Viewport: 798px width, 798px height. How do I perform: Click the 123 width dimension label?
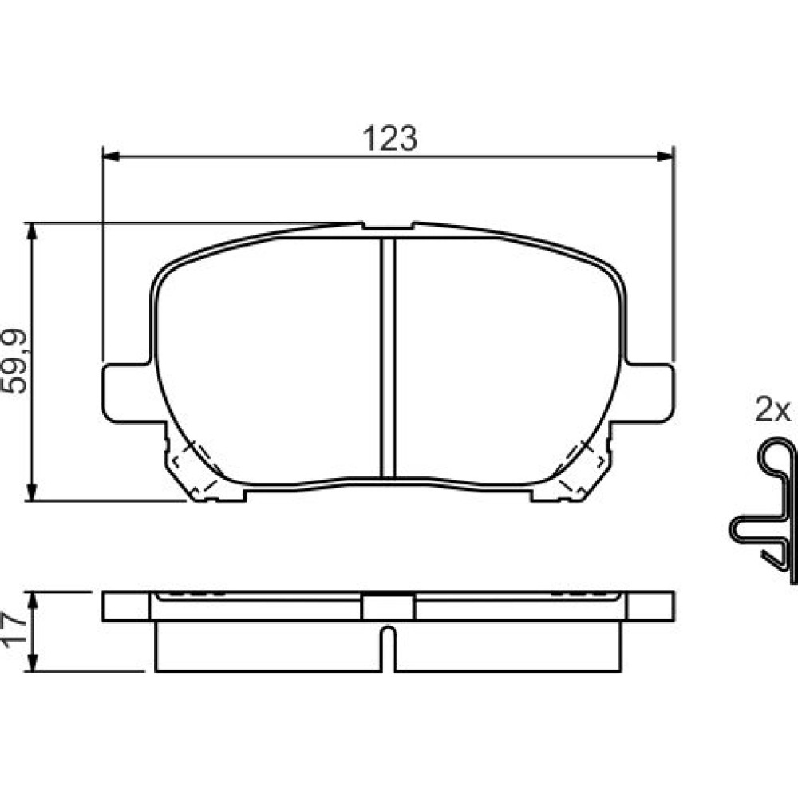tap(389, 138)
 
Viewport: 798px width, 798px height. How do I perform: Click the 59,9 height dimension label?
tap(14, 361)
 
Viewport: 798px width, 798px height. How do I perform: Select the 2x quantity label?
tap(772, 409)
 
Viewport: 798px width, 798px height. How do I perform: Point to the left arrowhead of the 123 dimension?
tap(111, 156)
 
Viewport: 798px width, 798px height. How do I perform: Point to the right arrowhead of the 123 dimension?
tap(666, 156)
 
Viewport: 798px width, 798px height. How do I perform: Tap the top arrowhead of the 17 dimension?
tap(32, 601)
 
